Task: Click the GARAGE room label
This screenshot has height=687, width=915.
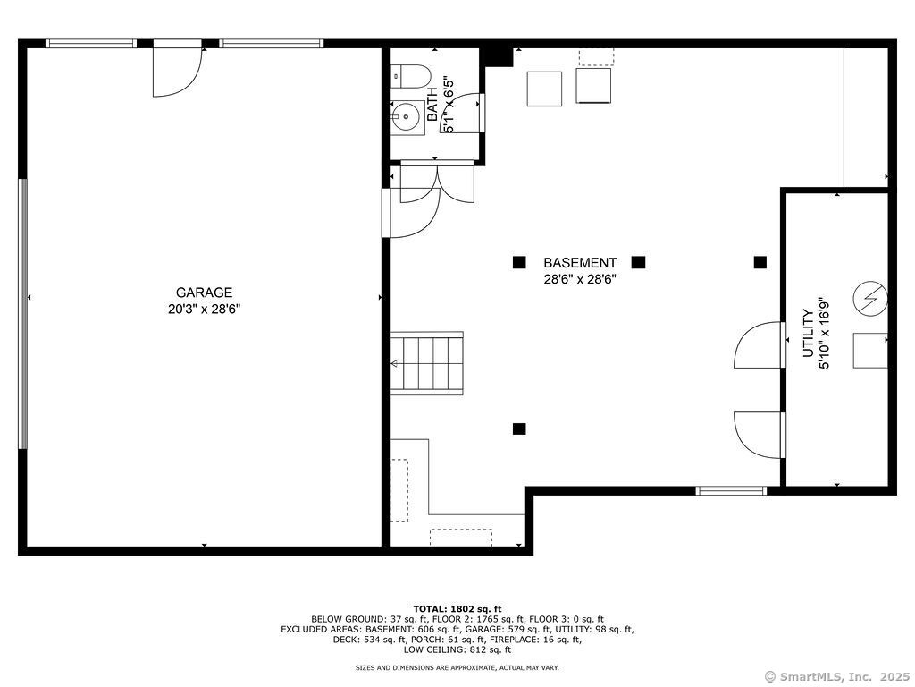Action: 205,293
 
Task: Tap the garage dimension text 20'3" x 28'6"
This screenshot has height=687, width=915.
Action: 205,309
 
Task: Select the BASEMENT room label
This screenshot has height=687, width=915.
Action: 580,263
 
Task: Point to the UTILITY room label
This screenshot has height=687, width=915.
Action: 808,333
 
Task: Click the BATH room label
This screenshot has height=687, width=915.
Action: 432,104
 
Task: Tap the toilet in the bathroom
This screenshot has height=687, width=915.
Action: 412,76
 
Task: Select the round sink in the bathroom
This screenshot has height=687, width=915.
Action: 406,117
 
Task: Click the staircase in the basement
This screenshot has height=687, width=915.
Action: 426,363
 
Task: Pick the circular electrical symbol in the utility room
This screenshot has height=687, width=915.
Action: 870,298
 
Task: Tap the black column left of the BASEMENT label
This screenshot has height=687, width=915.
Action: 519,262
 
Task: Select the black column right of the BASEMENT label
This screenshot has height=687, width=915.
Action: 638,262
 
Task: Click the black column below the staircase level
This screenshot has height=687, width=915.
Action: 519,428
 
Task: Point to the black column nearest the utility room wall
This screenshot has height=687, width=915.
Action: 760,262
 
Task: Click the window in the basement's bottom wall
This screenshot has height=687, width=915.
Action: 731,491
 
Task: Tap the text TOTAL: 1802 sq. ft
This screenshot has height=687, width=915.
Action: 457,609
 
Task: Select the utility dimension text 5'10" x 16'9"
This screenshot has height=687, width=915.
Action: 824,333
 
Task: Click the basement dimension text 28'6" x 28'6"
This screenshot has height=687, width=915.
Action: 580,279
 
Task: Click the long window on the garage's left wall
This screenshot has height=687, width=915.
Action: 23,314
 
